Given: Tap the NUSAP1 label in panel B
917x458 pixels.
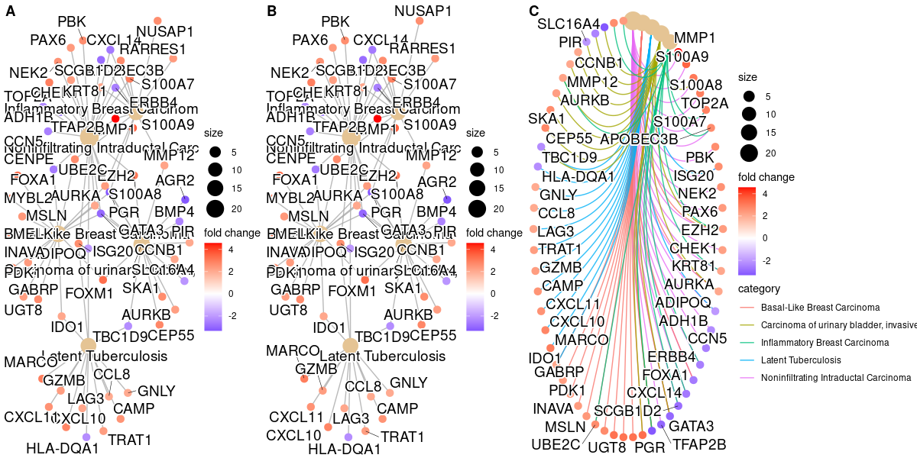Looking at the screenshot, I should tap(423, 11).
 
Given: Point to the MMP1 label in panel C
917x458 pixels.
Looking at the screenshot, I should tap(695, 37).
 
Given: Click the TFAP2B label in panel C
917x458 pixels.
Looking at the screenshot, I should tap(698, 444).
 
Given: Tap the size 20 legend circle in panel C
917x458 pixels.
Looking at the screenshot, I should tap(749, 153).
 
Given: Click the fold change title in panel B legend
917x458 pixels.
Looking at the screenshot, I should tap(494, 232).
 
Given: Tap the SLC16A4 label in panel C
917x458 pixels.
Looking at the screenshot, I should tap(568, 24).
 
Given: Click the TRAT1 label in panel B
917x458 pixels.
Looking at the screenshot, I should tap(403, 437).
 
